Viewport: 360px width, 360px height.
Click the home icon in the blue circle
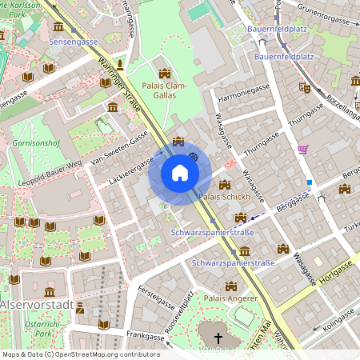click(180, 173)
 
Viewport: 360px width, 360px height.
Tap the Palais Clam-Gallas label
click(165, 91)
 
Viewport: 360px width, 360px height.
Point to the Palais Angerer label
click(230, 298)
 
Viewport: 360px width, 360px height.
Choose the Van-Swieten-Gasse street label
click(119, 148)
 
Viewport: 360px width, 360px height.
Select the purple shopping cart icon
click(302, 149)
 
